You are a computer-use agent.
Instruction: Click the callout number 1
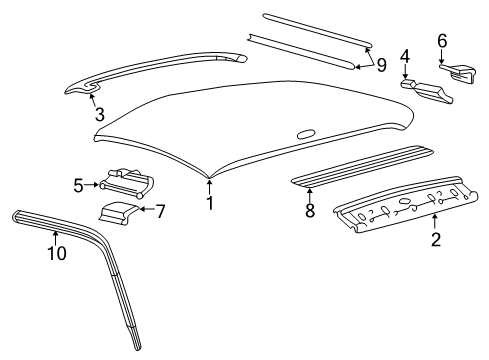point(210,203)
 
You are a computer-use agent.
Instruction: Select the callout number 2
point(436,239)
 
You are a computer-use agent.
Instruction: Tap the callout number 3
point(100,114)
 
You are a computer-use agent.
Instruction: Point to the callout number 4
point(405,56)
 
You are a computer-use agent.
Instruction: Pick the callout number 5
point(79,185)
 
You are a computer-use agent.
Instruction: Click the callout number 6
point(442,41)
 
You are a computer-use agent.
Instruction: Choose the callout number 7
point(161,211)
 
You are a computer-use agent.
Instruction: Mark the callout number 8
point(310,211)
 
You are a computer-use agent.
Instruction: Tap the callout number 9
point(381,65)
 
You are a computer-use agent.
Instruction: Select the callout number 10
point(57,253)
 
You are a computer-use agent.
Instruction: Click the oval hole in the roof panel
point(306,133)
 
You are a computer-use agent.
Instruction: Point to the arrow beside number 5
point(91,184)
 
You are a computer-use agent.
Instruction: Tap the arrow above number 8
point(310,195)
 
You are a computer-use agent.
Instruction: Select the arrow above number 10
point(56,238)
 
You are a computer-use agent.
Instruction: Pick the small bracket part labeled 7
point(118,212)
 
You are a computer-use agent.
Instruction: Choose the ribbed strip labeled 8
point(362,165)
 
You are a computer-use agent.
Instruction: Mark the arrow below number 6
point(442,56)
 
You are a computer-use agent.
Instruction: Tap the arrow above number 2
point(435,222)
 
